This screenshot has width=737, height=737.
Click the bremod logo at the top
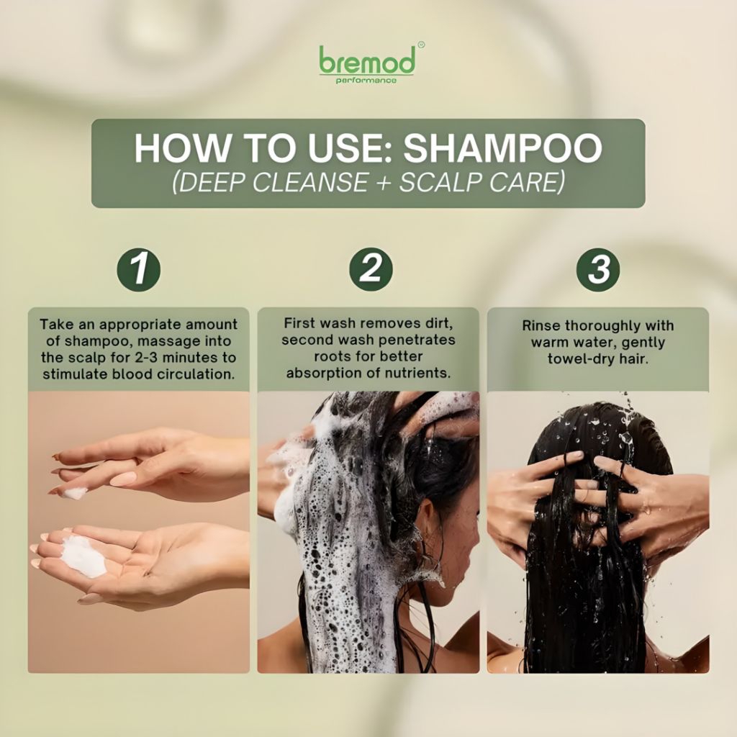click(x=367, y=64)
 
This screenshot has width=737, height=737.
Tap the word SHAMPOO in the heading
click(x=502, y=148)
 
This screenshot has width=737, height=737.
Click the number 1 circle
click(x=138, y=270)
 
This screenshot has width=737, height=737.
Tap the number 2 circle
click(x=371, y=269)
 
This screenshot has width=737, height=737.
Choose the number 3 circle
click(x=598, y=269)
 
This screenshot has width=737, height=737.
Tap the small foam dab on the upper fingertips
click(x=75, y=494)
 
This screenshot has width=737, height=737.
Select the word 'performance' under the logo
click(x=366, y=81)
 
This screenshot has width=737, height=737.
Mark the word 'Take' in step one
click(x=54, y=325)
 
